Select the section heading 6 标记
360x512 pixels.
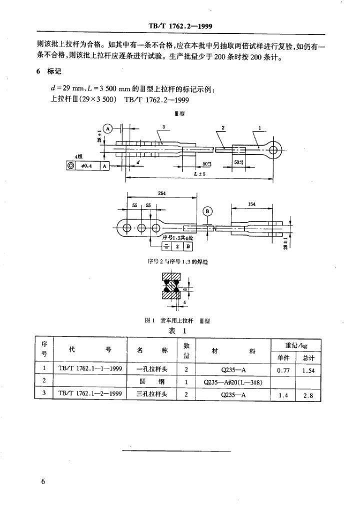click(48, 72)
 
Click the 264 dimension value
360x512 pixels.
click(161, 193)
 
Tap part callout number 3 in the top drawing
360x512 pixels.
click(163, 127)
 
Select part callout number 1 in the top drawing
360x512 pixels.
click(260, 127)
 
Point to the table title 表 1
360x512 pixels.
click(178, 330)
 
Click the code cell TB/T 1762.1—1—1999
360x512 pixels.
click(90, 370)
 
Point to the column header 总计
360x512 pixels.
click(308, 357)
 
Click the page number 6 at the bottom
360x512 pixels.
click(43, 481)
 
